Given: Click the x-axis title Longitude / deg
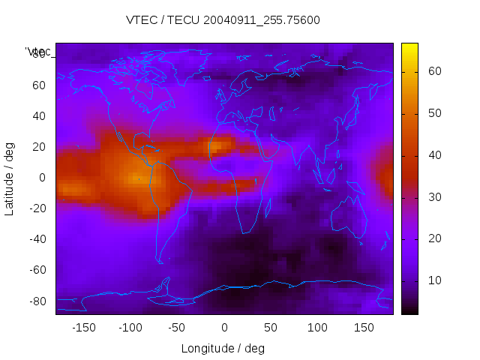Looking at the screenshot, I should (x=223, y=348).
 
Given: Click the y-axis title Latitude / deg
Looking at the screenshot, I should (x=10, y=177).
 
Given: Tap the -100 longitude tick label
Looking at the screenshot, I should (x=130, y=328).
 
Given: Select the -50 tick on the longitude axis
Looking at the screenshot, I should (x=178, y=328).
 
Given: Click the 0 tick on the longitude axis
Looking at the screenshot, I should (x=224, y=328).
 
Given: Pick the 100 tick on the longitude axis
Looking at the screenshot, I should (x=317, y=328).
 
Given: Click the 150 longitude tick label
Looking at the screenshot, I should (x=364, y=328).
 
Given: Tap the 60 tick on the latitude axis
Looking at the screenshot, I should (x=39, y=85).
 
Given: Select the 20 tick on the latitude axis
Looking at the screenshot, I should (x=39, y=146).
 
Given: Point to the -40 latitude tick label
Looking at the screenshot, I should (x=37, y=239).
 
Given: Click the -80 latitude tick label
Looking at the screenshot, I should (x=37, y=301).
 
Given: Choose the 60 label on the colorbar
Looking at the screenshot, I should (x=434, y=71).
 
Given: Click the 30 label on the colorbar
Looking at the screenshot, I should (x=434, y=196).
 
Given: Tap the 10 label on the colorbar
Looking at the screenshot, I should (x=434, y=280).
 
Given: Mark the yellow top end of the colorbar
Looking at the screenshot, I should (x=409, y=46).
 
